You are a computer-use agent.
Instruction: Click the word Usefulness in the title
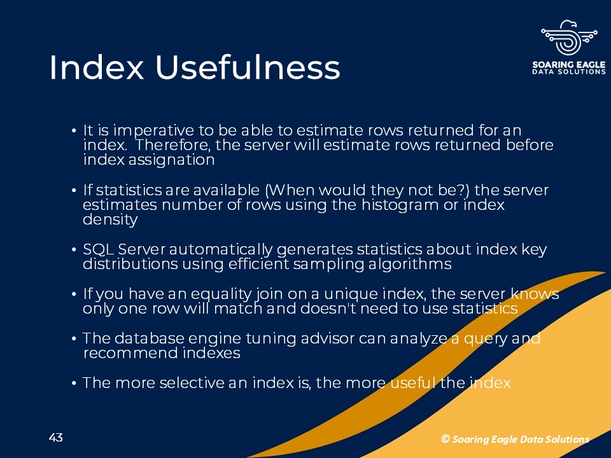pyautogui.click(x=248, y=67)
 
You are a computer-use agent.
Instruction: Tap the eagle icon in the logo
pyautogui.click(x=569, y=38)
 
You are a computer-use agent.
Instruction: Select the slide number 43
pyautogui.click(x=56, y=438)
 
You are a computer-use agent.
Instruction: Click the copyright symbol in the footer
pyautogui.click(x=445, y=439)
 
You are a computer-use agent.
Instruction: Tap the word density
pyautogui.click(x=110, y=219)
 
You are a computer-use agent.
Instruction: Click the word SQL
pyautogui.click(x=98, y=249)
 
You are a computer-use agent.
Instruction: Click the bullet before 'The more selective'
pyautogui.click(x=74, y=384)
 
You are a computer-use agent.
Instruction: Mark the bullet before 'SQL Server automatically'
pyautogui.click(x=74, y=250)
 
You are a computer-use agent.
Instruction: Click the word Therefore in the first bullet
pyautogui.click(x=173, y=145)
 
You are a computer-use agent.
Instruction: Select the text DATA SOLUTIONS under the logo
pyautogui.click(x=569, y=72)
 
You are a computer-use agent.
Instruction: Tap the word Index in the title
pyautogui.click(x=97, y=67)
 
